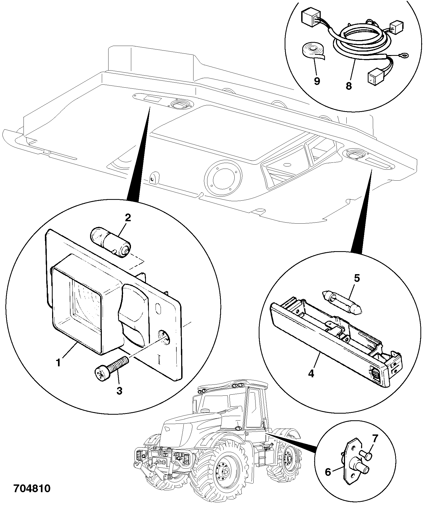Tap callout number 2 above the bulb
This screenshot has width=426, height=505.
(x=128, y=218)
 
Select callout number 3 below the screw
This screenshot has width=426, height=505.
(x=119, y=391)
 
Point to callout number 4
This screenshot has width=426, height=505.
(x=311, y=373)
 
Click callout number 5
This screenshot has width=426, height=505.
(x=357, y=278)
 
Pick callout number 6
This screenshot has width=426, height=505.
(x=328, y=472)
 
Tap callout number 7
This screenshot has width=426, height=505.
(x=375, y=438)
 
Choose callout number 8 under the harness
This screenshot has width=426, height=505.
(x=348, y=86)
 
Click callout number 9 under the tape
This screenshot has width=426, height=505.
(x=317, y=81)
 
